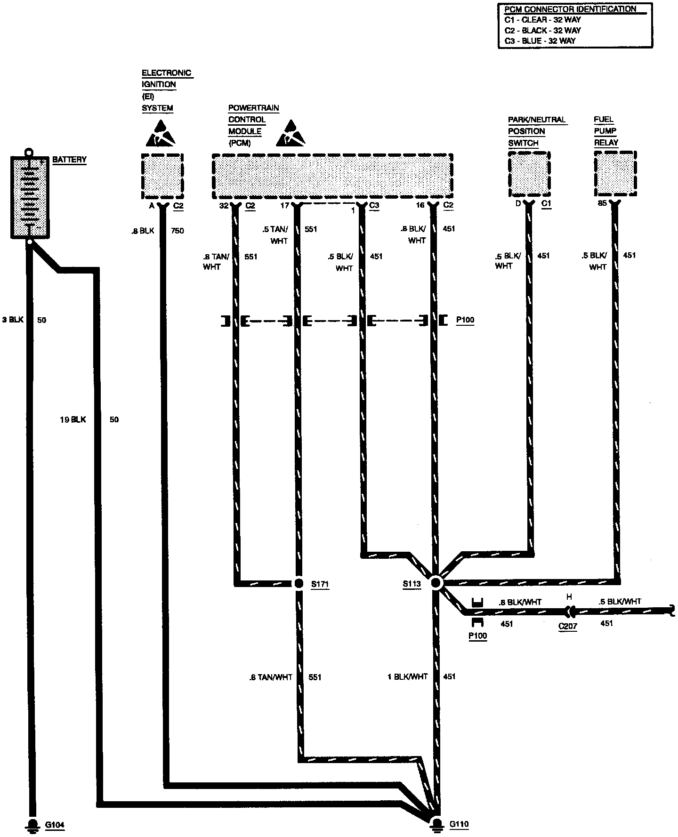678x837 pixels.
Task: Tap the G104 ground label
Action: (x=55, y=825)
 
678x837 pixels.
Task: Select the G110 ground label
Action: (x=459, y=824)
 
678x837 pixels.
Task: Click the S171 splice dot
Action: (x=299, y=584)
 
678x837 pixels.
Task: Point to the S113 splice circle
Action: (x=436, y=583)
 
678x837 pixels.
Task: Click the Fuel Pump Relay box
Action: (x=615, y=173)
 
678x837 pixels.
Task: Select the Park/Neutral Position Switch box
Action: (x=529, y=174)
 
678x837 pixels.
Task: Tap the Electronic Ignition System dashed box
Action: (x=162, y=176)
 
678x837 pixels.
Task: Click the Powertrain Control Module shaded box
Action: (x=332, y=176)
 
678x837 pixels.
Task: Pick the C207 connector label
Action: (x=568, y=626)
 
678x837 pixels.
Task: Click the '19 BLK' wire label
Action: (x=73, y=419)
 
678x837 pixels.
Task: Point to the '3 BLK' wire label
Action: (x=12, y=320)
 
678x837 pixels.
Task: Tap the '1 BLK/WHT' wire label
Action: (x=407, y=676)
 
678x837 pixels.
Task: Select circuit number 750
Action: (x=177, y=231)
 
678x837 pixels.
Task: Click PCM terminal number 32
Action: (x=224, y=205)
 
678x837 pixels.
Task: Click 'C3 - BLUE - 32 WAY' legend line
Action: (x=540, y=40)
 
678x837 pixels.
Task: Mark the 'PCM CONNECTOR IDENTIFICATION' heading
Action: (x=570, y=9)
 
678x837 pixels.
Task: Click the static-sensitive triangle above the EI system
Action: (x=161, y=132)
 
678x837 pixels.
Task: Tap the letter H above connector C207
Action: (x=569, y=597)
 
